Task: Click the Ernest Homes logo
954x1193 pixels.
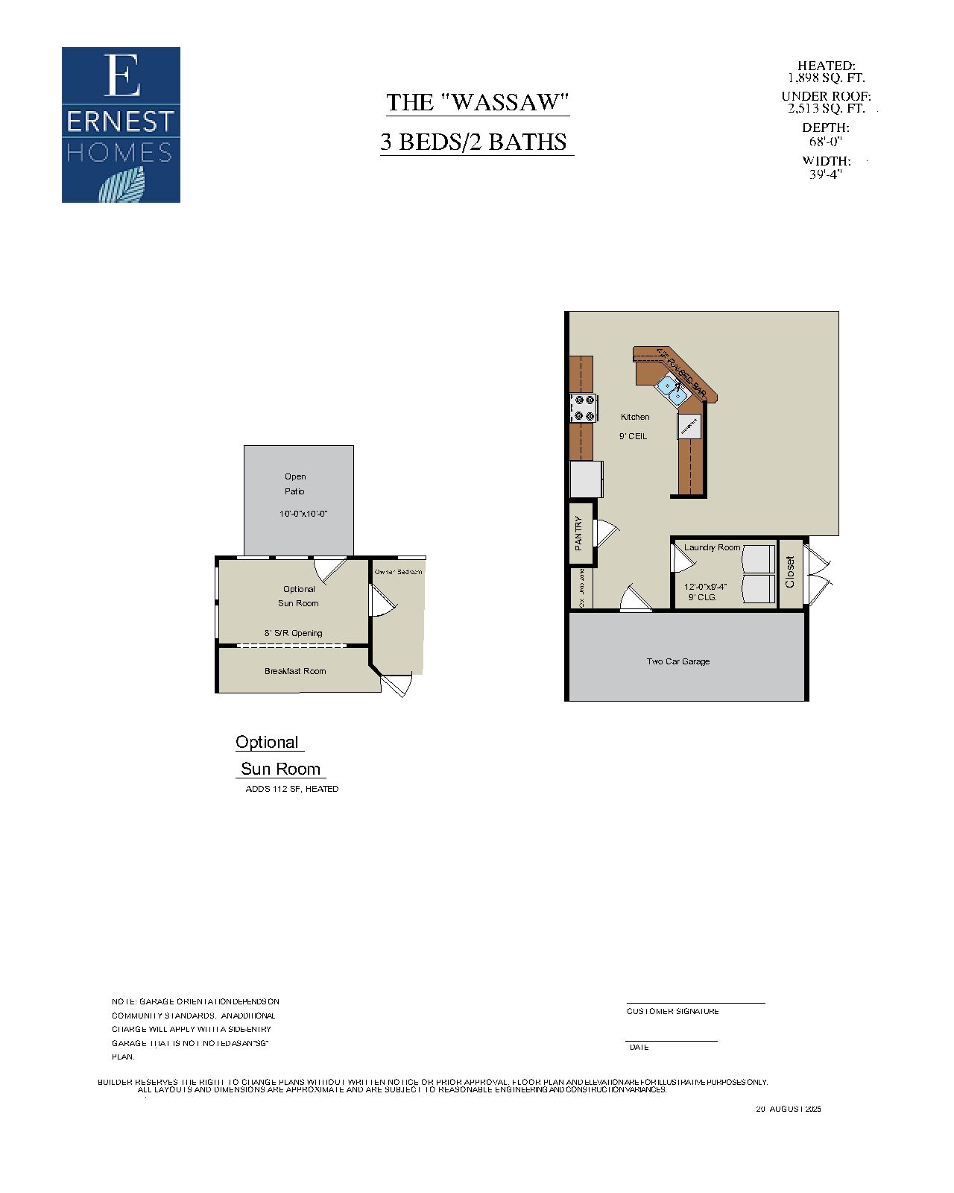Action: (121, 125)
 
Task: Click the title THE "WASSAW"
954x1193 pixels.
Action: (477, 102)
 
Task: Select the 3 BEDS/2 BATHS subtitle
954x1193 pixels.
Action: (474, 142)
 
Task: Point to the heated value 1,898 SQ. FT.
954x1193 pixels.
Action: (826, 78)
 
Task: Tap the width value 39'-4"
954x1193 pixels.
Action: (825, 174)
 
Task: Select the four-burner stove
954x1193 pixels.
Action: (584, 408)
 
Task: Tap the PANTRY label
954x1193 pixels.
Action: (578, 533)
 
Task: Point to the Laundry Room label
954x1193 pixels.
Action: (712, 547)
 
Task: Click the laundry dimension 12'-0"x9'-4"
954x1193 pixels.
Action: (705, 587)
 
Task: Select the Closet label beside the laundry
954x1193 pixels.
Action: (790, 572)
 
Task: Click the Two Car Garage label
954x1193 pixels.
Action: (677, 661)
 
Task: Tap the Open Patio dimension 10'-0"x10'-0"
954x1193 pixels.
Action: (303, 514)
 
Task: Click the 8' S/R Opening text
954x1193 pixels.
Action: (293, 633)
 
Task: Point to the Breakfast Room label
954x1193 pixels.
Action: (295, 671)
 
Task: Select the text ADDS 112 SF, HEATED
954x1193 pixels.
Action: (291, 789)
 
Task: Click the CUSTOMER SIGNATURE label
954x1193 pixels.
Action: (672, 1011)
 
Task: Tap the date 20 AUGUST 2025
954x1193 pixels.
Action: (788, 1109)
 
